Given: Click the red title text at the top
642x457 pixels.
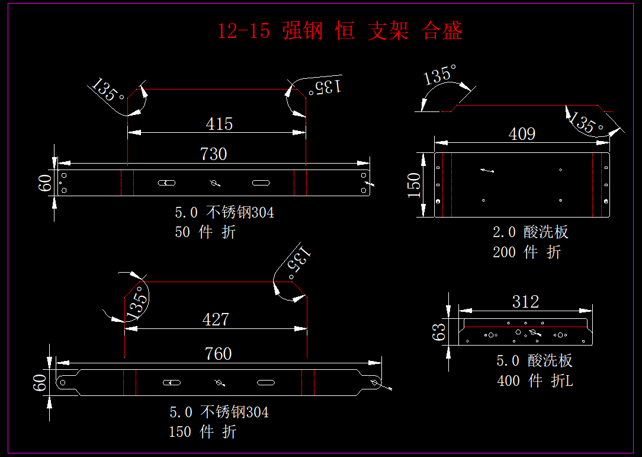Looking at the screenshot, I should tap(339, 31).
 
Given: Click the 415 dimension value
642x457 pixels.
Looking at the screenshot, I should tap(219, 124).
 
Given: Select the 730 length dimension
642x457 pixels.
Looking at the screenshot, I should tap(213, 154).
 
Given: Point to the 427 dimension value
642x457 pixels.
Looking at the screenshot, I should tap(216, 319).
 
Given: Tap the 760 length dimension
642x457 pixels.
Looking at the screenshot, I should tap(218, 354).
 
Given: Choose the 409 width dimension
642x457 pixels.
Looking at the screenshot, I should tap(522, 134).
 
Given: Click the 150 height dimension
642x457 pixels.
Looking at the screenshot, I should tap(415, 185).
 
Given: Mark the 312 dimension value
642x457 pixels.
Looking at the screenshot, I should tap(525, 302).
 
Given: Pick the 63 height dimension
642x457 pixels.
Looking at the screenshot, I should tap(439, 332).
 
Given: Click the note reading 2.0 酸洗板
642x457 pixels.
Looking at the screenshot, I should tap(530, 232).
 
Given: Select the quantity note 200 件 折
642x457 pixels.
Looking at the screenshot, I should tap(527, 252).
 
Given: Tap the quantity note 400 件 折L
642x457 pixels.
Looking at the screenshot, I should tap(535, 381).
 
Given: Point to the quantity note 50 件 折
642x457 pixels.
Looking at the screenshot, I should tap(205, 232).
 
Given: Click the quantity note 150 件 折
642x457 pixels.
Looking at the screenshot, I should tap(203, 432).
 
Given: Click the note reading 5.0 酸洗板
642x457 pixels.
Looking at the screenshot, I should tap(534, 360).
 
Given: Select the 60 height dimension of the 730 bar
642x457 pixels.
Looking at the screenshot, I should tap(45, 183).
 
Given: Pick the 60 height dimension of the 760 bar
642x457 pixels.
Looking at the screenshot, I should tap(40, 383).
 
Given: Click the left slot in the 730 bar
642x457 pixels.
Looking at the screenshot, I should tap(166, 183).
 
